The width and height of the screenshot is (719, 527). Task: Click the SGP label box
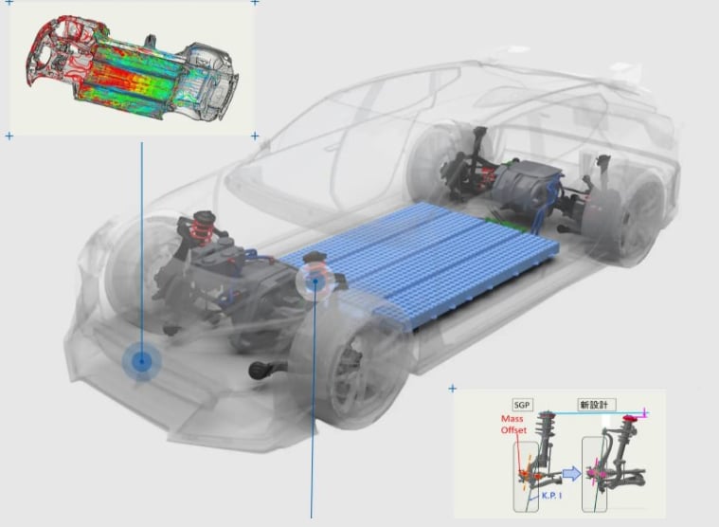pyautogui.click(x=522, y=405)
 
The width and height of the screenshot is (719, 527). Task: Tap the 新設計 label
pyautogui.click(x=594, y=405)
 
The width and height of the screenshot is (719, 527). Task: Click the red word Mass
pyautogui.click(x=512, y=419)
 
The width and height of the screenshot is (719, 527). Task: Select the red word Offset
pyautogui.click(x=513, y=430)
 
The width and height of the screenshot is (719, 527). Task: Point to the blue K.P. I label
pyautogui.click(x=551, y=496)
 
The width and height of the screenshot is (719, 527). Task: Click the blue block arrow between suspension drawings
pyautogui.click(x=571, y=473)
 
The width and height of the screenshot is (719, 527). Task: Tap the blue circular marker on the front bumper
pyautogui.click(x=142, y=361)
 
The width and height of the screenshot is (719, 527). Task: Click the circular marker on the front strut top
pyautogui.click(x=315, y=280)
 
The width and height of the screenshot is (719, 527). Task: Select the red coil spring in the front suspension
pyautogui.click(x=202, y=227)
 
